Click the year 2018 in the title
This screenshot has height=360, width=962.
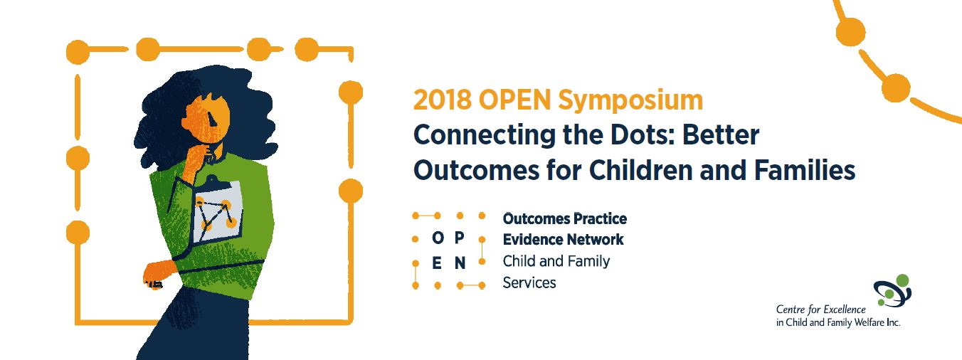point(443,100)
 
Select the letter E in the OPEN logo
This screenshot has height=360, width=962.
point(438,263)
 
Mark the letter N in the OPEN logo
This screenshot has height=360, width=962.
point(460,263)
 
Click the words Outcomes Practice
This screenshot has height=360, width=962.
point(564,218)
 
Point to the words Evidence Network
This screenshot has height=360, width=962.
point(563,240)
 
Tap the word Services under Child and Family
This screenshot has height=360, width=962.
point(529,282)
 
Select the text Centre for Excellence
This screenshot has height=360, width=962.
point(820,309)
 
